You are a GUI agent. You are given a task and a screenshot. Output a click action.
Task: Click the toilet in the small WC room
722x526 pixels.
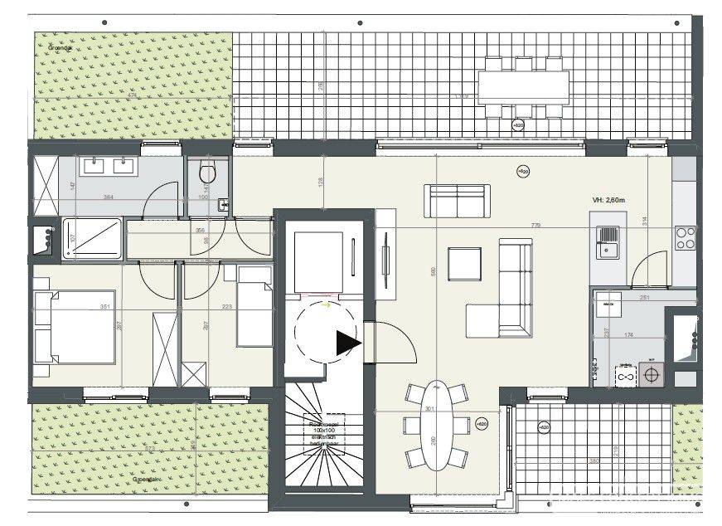207,174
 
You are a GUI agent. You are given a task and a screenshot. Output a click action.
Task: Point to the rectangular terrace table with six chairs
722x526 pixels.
523,86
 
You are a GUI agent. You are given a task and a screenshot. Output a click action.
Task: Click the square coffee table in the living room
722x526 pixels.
464,265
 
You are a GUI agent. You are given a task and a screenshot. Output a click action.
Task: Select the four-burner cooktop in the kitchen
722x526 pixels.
686,239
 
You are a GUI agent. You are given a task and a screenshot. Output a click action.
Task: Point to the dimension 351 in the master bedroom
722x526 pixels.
105,307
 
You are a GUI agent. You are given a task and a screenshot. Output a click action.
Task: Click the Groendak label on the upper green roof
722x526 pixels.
59,48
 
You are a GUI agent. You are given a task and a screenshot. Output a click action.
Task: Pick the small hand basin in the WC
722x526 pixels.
222,203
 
